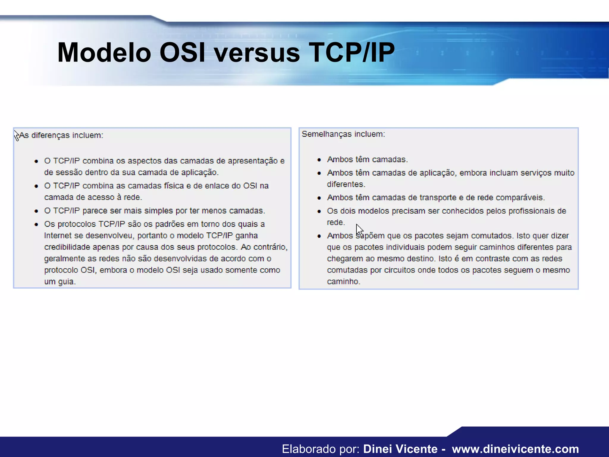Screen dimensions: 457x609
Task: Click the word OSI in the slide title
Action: (182, 53)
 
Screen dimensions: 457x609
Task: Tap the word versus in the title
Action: (257, 53)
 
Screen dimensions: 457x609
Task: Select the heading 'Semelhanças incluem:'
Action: (343, 134)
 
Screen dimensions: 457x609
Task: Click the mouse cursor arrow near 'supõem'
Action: (360, 230)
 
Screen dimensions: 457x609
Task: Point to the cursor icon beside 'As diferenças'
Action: (17, 136)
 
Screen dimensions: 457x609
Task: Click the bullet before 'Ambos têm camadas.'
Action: (319, 160)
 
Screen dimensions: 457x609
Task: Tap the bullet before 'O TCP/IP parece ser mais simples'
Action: (36, 211)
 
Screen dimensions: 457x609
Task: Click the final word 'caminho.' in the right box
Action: (343, 281)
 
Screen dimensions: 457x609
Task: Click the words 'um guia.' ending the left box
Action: (60, 281)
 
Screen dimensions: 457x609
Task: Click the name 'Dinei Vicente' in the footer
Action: (400, 449)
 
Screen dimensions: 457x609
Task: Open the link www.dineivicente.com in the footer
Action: (515, 449)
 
